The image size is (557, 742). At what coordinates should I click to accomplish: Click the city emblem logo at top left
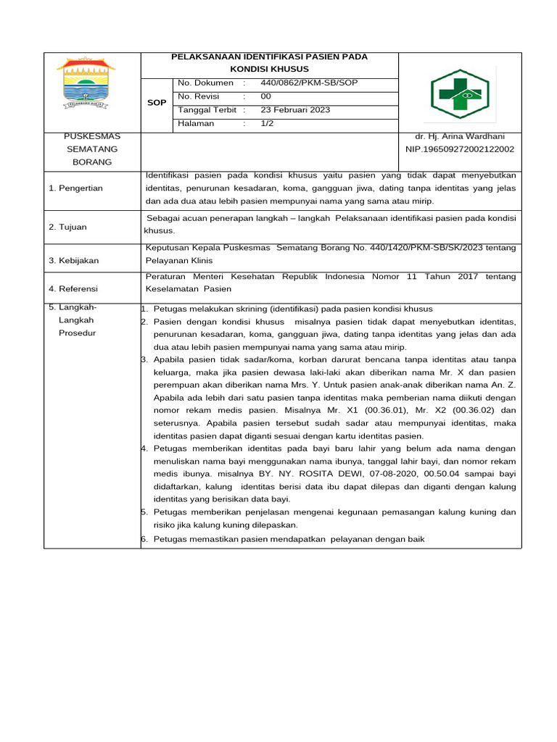click(x=86, y=84)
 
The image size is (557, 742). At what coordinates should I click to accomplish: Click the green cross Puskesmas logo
click(x=461, y=93)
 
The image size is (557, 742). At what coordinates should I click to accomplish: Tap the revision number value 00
click(x=265, y=96)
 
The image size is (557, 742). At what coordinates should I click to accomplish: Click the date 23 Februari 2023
click(x=295, y=110)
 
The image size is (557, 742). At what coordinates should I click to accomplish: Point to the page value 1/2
click(x=267, y=124)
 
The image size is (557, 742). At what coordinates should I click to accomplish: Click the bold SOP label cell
click(x=157, y=103)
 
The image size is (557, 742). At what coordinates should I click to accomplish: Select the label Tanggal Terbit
click(x=207, y=110)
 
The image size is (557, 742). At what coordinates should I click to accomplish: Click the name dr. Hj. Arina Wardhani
click(x=459, y=136)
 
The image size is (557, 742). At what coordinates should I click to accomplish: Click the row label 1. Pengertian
click(x=75, y=188)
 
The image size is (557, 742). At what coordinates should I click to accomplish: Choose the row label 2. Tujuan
click(x=67, y=228)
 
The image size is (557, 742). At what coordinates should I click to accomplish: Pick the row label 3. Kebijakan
click(x=73, y=260)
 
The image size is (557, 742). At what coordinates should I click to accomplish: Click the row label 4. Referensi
click(x=73, y=289)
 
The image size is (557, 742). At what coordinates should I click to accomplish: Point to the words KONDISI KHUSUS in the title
click(x=269, y=68)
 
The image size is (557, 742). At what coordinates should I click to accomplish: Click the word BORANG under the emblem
click(x=92, y=162)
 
